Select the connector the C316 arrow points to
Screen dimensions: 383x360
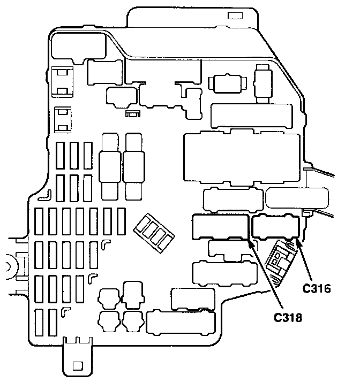coord(275,226)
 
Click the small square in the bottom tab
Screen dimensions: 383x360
coord(77,366)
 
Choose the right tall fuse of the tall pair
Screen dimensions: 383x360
coord(134,166)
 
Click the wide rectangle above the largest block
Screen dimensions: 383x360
coord(252,114)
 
